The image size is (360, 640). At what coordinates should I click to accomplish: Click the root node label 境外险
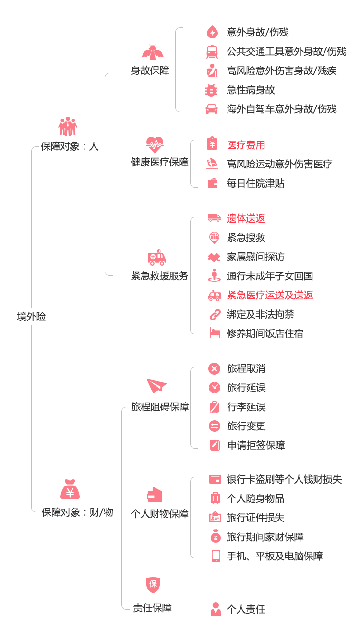click(x=32, y=317)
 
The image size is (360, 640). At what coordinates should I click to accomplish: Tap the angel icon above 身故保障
click(x=153, y=52)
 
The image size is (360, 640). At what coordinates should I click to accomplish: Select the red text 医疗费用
click(x=246, y=145)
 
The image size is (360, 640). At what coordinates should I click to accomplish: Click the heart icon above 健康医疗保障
click(x=155, y=145)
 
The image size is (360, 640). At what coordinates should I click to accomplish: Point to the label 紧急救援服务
click(x=159, y=276)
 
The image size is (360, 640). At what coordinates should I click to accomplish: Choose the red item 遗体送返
click(x=246, y=219)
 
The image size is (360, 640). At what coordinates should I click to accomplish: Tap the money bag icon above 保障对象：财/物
click(x=70, y=489)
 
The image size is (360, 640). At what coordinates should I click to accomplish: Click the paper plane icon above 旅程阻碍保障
click(x=156, y=386)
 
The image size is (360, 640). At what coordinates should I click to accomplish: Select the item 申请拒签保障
click(x=256, y=445)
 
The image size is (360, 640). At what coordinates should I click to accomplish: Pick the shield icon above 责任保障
click(x=153, y=584)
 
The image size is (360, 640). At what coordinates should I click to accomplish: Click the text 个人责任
click(x=246, y=609)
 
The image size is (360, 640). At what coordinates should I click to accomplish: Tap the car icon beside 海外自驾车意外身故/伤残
click(x=212, y=109)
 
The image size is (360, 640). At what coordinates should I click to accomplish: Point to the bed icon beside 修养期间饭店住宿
click(x=215, y=333)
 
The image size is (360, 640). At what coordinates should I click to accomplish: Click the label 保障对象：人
click(x=70, y=146)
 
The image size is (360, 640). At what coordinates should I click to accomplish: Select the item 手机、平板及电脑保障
click(x=275, y=557)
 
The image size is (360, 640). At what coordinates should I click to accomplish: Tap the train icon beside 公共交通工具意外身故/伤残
click(x=212, y=52)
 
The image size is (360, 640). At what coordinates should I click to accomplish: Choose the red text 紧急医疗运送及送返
click(x=270, y=295)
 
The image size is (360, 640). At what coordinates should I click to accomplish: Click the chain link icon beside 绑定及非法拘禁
click(x=215, y=314)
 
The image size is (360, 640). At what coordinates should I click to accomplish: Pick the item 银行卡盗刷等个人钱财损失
click(x=285, y=479)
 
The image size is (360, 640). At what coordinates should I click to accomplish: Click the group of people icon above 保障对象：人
click(x=68, y=126)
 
